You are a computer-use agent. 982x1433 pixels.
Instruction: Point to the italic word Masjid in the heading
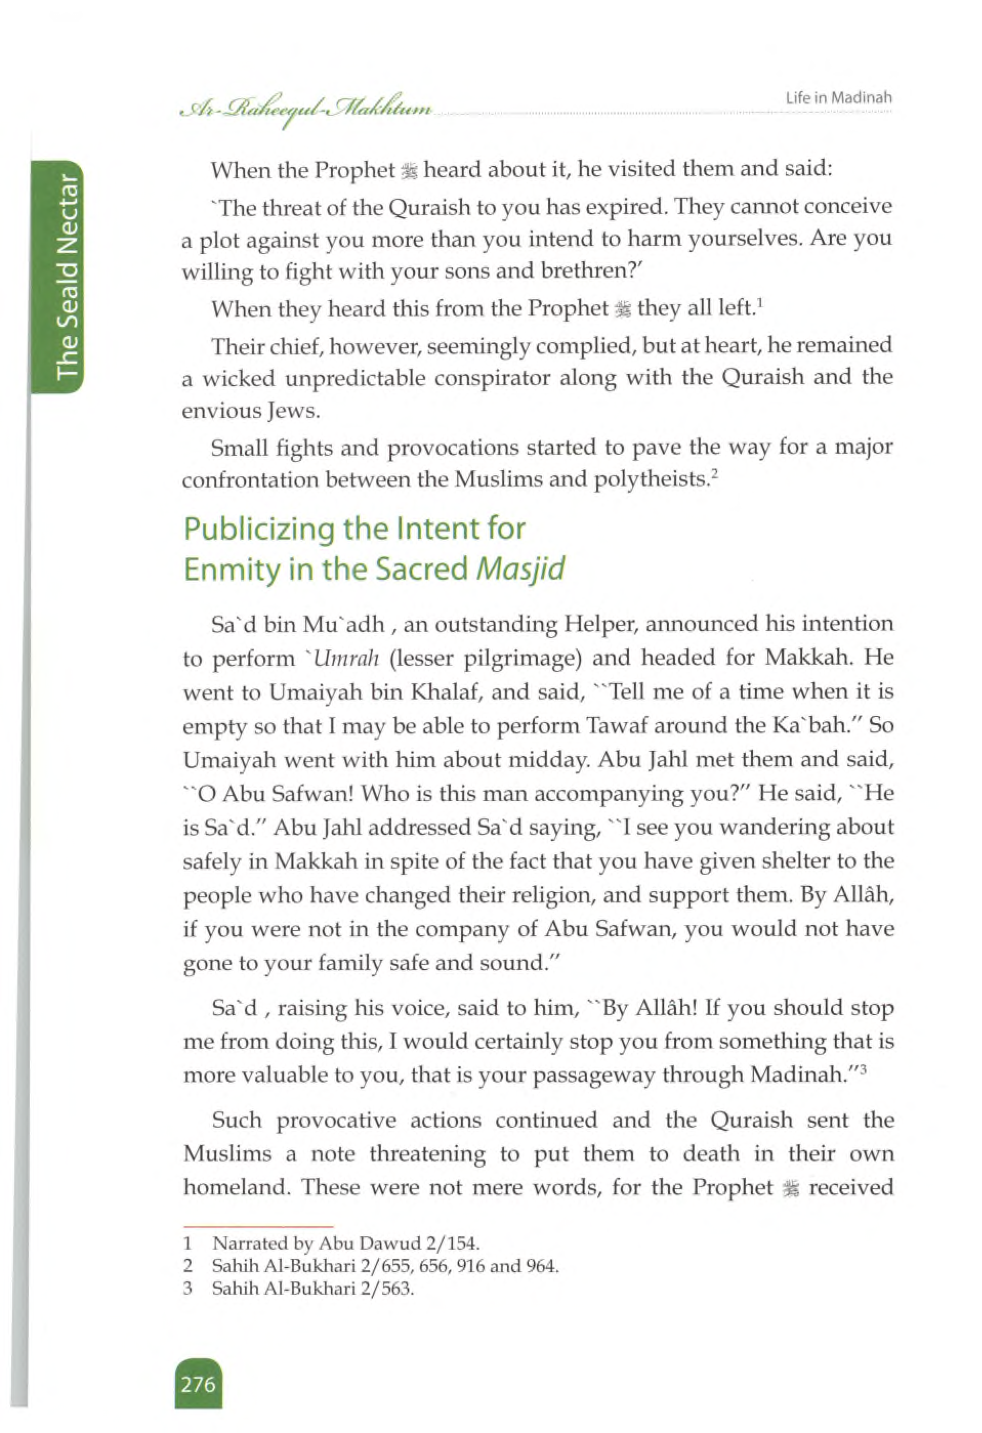coord(520,568)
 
